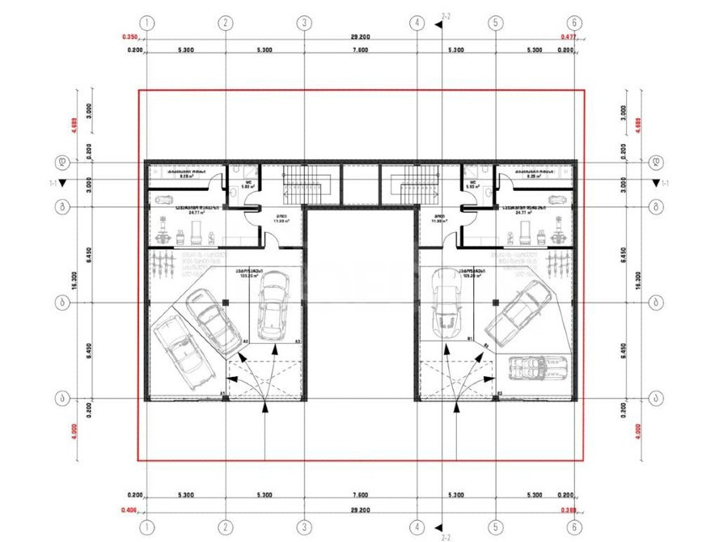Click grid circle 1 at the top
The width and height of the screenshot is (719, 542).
(146, 23)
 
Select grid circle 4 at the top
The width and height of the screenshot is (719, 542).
(417, 23)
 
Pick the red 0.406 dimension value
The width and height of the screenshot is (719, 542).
(129, 510)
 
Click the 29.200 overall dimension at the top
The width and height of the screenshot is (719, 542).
(361, 37)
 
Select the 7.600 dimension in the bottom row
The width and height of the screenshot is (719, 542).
(361, 496)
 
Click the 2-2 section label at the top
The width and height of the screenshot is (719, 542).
(446, 15)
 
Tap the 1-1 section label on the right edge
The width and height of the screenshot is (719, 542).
(665, 184)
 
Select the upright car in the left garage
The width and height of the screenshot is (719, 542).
(272, 305)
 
